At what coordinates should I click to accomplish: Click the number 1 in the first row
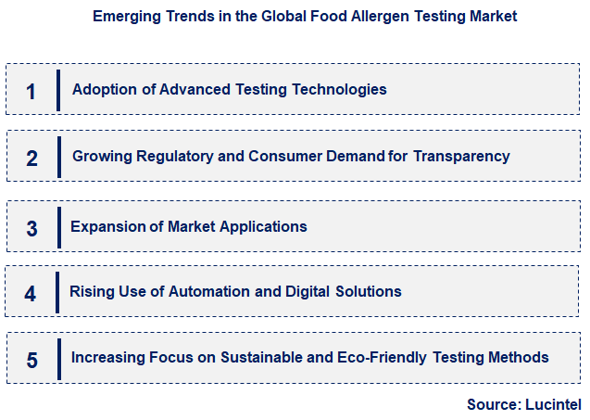31,91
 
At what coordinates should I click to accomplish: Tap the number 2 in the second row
31,158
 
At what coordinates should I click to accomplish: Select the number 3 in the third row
31,228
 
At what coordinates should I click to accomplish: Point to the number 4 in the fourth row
31,294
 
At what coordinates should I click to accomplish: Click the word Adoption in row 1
103,90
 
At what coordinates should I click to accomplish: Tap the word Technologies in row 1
338,90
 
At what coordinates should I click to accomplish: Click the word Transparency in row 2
461,157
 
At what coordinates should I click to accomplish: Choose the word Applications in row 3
261,226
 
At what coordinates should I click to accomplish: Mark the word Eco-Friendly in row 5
396,358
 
